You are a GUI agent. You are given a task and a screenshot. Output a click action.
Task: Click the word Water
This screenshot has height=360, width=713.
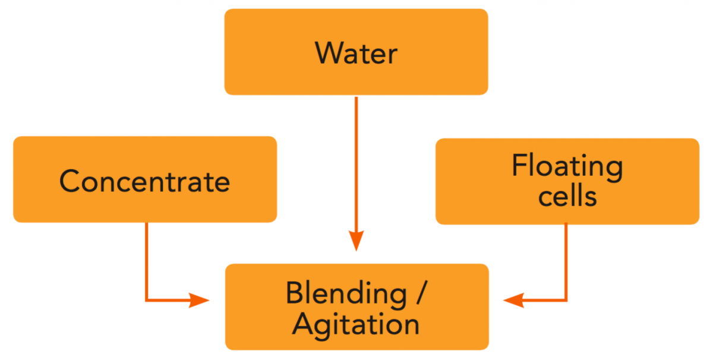pyautogui.click(x=356, y=53)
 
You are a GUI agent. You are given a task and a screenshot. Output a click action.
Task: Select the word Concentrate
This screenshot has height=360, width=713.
pyautogui.click(x=144, y=181)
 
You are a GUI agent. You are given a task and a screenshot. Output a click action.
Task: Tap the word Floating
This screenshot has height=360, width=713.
pyautogui.click(x=567, y=166)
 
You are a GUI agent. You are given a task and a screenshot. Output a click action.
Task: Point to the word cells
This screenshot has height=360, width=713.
pyautogui.click(x=567, y=197)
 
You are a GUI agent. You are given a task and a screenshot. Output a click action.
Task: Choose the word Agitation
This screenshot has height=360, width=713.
pyautogui.click(x=356, y=325)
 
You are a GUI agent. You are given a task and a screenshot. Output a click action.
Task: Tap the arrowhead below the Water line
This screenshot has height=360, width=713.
pyautogui.click(x=356, y=240)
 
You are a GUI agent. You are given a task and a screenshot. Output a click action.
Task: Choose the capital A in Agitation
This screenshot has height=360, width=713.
pyautogui.click(x=302, y=324)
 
